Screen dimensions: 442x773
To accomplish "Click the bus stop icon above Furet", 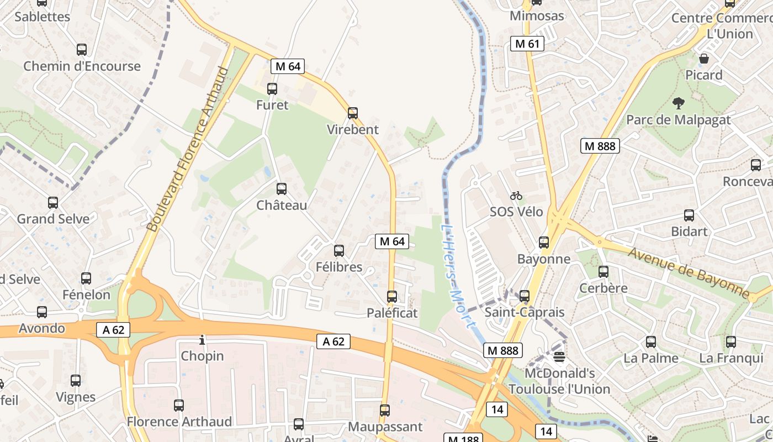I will (x=272, y=88).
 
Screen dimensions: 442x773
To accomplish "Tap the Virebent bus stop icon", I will (x=353, y=113).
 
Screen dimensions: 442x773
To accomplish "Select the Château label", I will (x=282, y=206).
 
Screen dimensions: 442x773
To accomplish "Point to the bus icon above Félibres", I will (x=339, y=251).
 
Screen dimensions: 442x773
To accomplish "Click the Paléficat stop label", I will (x=392, y=313).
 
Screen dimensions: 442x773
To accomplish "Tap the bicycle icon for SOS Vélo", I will (x=516, y=196).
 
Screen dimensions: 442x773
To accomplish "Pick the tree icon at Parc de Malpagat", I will (x=678, y=103).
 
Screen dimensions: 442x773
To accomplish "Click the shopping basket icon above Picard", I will (x=704, y=59).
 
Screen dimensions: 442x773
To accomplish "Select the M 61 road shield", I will (x=527, y=44).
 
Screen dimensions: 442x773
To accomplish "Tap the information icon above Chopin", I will (x=202, y=340).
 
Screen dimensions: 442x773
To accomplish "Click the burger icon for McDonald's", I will (x=559, y=357).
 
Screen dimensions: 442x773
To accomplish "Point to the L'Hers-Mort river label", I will (x=458, y=276).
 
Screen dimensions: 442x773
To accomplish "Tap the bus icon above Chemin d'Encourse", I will (x=82, y=50).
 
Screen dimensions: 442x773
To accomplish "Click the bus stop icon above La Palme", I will (x=651, y=342).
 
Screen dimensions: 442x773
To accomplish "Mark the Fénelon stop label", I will (x=86, y=294).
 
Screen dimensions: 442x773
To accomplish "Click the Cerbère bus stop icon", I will (x=603, y=272).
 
